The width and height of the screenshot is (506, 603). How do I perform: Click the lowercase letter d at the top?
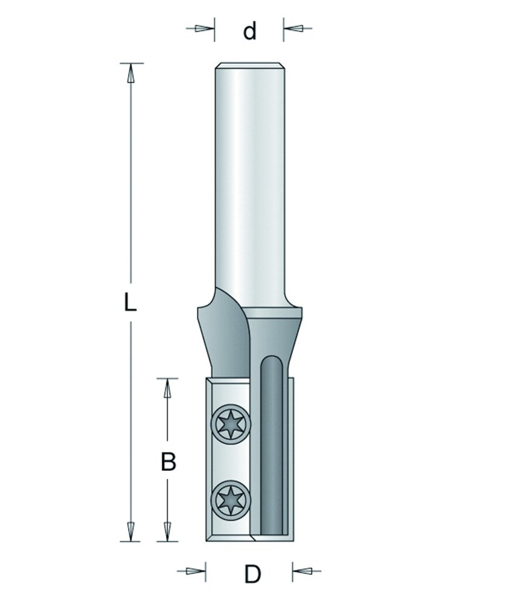(249, 31)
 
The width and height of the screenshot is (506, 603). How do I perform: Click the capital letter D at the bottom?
(252, 574)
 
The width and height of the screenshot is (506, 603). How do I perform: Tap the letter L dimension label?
(130, 301)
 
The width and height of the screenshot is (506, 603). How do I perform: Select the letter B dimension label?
(168, 462)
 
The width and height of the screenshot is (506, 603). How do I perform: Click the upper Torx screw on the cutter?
(231, 425)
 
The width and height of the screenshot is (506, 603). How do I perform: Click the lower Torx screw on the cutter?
(231, 500)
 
